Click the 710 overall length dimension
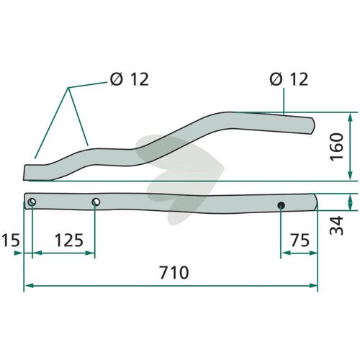click(x=174, y=272)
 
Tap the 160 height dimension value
click(x=336, y=147)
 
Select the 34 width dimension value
click(x=336, y=225)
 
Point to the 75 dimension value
click(x=300, y=240)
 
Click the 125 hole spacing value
click(x=69, y=240)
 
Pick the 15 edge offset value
click(x=11, y=240)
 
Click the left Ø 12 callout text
click(x=130, y=79)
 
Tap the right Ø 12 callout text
click(x=289, y=79)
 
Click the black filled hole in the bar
click(x=281, y=205)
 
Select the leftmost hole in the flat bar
click(x=32, y=202)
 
